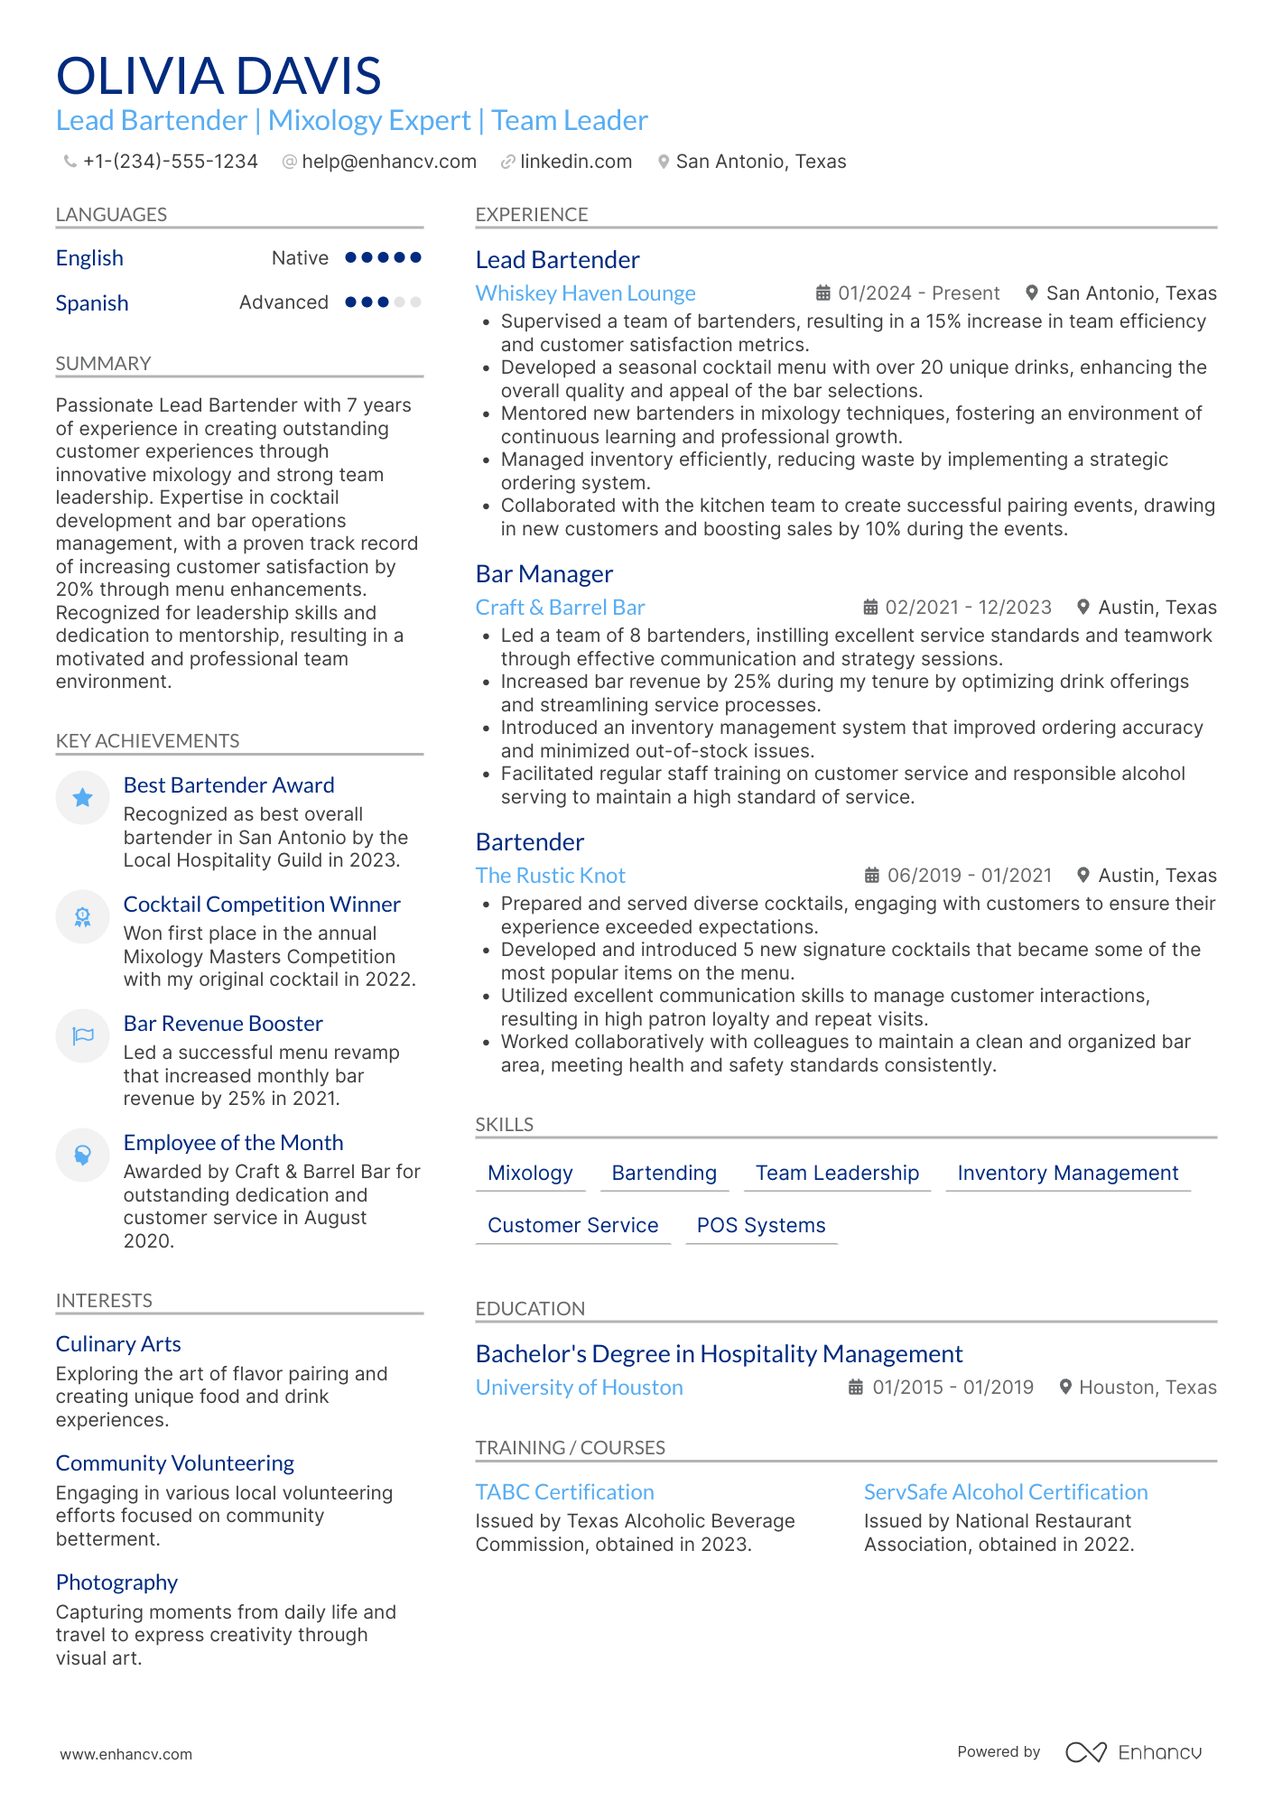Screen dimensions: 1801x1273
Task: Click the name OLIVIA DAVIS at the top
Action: tap(218, 76)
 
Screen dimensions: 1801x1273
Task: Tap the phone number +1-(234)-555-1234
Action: tap(170, 162)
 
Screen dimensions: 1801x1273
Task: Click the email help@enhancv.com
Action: tap(388, 162)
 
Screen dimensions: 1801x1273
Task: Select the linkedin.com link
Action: tap(575, 162)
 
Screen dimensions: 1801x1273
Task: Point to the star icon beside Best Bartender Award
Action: tap(82, 797)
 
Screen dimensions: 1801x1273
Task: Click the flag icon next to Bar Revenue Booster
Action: tap(82, 1035)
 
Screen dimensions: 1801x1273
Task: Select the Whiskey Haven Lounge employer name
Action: tap(585, 293)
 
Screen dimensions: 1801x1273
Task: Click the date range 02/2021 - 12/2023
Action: tap(968, 608)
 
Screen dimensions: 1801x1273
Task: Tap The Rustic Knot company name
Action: tap(550, 876)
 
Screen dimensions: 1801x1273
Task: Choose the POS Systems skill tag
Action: tap(761, 1225)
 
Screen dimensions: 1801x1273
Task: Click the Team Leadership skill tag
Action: tap(837, 1173)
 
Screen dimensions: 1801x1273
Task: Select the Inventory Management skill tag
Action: tap(1067, 1173)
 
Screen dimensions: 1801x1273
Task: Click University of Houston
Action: tap(579, 1388)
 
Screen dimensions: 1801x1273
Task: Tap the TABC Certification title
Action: tap(564, 1492)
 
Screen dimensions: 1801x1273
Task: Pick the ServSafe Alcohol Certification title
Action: tap(1005, 1492)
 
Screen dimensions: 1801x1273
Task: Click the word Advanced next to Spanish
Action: tap(283, 302)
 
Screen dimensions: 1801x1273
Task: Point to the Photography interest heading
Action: tap(116, 1583)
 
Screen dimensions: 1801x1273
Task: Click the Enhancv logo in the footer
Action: tap(1133, 1752)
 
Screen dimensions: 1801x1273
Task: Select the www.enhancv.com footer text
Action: tap(125, 1754)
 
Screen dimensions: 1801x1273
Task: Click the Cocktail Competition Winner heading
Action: tap(262, 905)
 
